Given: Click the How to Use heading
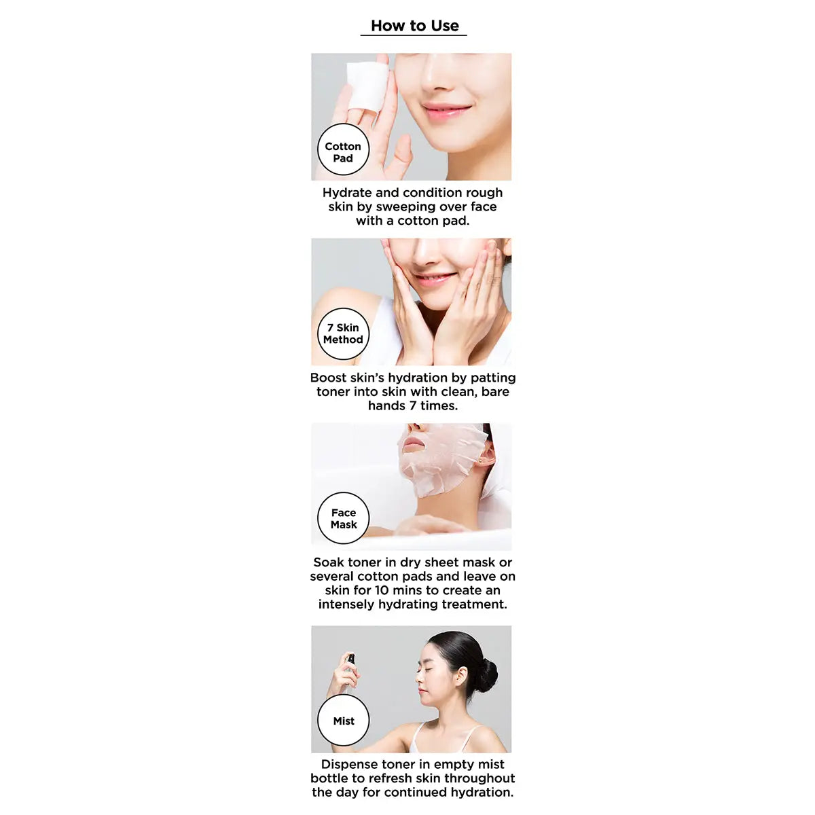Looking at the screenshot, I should click(414, 26).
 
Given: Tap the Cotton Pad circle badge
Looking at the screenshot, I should click(343, 150).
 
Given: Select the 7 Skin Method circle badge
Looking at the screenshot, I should click(343, 333).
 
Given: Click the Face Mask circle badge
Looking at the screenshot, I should click(343, 518).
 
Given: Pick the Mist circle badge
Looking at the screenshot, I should click(343, 721).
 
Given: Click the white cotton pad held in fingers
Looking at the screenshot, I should click(367, 86).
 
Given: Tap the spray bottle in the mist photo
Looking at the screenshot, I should click(350, 662).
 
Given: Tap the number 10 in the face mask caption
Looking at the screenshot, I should click(381, 590).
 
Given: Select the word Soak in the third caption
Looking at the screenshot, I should click(329, 562).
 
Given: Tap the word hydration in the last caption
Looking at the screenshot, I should click(480, 792).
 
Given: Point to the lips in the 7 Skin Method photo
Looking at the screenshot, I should click(435, 278).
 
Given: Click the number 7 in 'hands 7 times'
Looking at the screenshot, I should click(413, 405).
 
